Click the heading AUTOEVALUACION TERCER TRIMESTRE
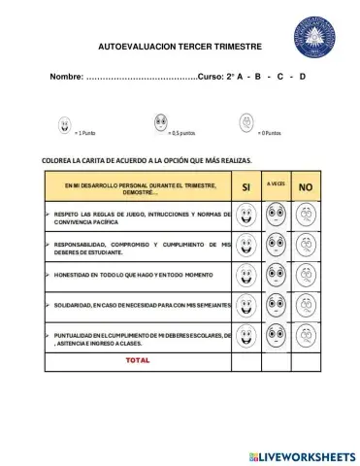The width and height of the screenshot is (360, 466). coord(180,46)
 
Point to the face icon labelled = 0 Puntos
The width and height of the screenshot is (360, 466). coord(246,122)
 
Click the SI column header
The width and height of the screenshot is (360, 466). coord(246,186)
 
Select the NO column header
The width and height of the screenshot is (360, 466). coord(306,186)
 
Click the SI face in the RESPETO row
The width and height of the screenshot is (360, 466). coord(246,215)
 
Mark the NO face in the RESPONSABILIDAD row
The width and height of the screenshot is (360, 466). coord(306,246)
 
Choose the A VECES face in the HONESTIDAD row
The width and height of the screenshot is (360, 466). coord(277,276)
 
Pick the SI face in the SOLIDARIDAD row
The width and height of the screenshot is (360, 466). coord(246,307)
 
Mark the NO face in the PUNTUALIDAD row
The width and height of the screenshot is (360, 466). coord(306,337)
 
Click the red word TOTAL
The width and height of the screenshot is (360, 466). coord(137,360)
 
